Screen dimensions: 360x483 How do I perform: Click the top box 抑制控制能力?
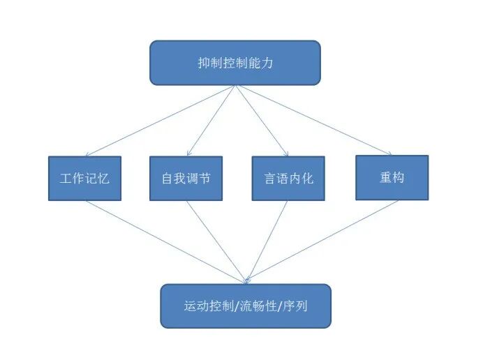pos(235,63)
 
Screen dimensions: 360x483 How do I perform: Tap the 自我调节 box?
pos(186,178)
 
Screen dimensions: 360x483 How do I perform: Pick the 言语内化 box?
pos(288,178)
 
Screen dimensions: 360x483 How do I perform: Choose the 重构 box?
pos(392,177)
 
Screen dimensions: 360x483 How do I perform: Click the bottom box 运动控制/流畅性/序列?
pos(246,306)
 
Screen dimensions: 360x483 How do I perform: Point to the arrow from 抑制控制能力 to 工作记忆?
pos(160,120)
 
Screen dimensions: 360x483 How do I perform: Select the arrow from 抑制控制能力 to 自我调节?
pos(210,120)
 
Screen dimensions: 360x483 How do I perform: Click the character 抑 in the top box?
pos(203,63)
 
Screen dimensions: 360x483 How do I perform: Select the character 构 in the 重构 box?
pos(398,177)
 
